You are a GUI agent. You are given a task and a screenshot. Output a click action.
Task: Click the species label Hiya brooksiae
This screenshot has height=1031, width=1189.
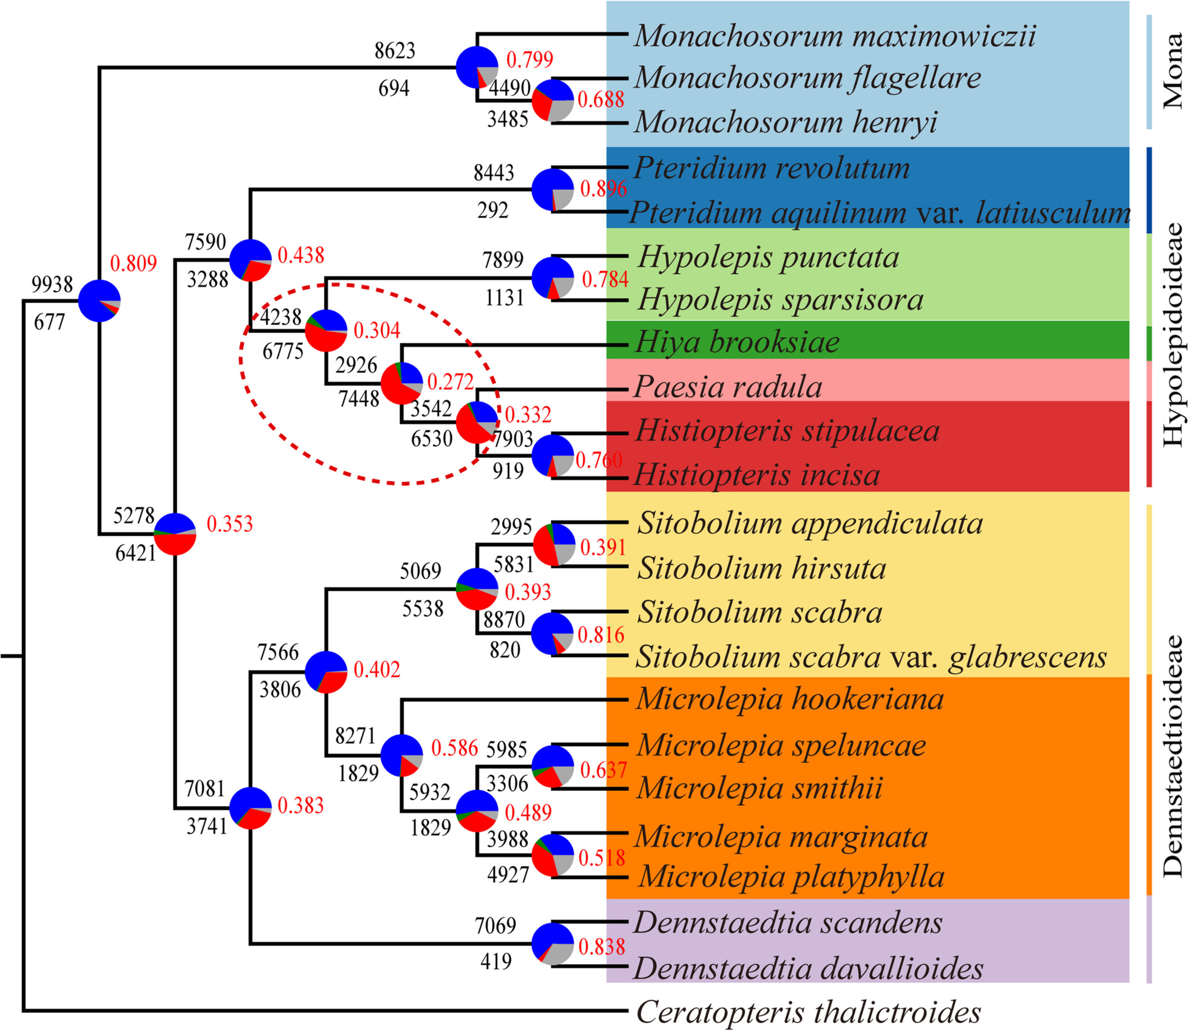tap(737, 343)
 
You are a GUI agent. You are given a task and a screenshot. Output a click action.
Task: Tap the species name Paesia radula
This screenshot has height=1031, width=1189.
tap(728, 386)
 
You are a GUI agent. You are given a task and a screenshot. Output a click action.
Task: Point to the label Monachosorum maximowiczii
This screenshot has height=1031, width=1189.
tap(835, 37)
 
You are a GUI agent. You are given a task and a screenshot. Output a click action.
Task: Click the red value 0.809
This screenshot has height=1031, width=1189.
tap(134, 263)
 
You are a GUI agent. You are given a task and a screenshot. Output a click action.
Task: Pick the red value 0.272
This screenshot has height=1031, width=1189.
tap(450, 382)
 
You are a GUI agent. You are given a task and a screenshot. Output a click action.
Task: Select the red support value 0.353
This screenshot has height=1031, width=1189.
tap(230, 524)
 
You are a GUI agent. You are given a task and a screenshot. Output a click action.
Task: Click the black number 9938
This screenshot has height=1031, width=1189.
tap(52, 284)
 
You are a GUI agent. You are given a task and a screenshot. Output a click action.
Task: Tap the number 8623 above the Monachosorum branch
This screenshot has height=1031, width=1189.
tap(395, 51)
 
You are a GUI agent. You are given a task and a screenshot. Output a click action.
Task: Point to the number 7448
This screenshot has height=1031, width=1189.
tap(359, 398)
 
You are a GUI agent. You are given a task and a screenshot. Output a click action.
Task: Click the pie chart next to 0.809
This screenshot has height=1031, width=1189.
tap(99, 301)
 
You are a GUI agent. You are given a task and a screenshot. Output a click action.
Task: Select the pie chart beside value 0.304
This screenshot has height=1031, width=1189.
tap(326, 331)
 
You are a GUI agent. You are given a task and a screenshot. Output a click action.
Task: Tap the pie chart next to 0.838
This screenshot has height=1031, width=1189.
tap(553, 944)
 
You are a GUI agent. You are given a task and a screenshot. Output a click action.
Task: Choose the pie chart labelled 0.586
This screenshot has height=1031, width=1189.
tap(401, 755)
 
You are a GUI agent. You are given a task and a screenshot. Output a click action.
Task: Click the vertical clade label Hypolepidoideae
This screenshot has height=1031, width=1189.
tap(1173, 334)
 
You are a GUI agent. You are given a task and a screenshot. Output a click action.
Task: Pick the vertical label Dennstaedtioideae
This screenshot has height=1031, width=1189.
tap(1173, 756)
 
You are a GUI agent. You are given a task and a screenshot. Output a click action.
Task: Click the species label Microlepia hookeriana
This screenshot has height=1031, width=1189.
tap(790, 700)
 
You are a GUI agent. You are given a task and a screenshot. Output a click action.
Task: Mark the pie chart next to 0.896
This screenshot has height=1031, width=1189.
tap(553, 189)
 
